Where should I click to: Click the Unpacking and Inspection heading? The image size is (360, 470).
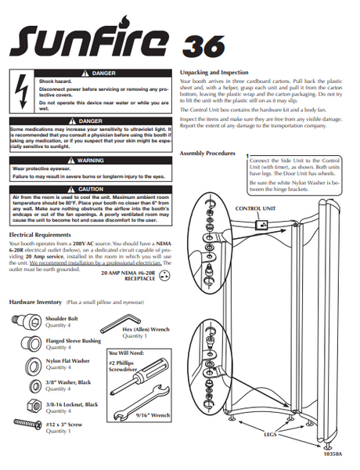pyautogui.click(x=214, y=71)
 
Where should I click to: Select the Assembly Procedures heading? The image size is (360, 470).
pyautogui.click(x=207, y=154)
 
